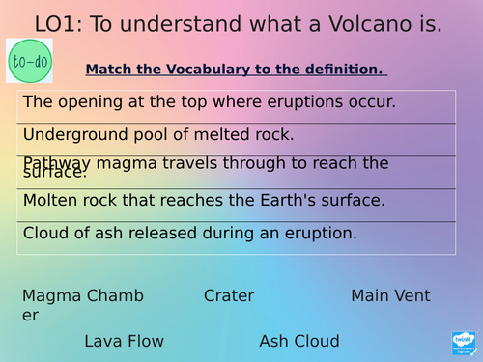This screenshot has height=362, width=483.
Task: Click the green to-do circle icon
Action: [29, 62]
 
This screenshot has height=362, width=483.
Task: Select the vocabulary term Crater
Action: [229, 296]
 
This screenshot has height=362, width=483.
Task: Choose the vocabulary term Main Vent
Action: [390, 296]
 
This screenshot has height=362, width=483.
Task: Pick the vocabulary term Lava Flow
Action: [124, 341]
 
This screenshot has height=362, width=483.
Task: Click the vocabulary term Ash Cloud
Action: [299, 341]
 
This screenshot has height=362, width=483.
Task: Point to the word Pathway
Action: [56, 163]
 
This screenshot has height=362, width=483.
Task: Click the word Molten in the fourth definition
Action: [49, 201]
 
